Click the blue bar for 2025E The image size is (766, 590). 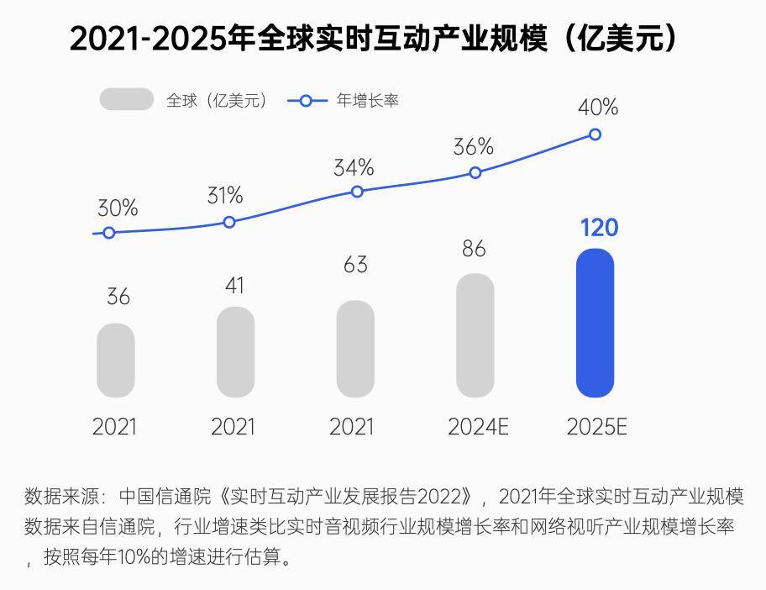tap(595, 323)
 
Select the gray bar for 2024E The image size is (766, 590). tap(475, 335)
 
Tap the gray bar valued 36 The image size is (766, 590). tap(116, 360)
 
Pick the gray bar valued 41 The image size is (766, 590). tap(235, 352)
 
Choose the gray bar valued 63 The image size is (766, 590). tap(355, 349)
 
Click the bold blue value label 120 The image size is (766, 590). tap(599, 228)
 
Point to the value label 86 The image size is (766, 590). tap(474, 249)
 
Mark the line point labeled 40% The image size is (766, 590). tap(595, 134)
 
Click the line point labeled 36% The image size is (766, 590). tap(475, 172)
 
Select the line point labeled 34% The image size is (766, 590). tap(357, 192)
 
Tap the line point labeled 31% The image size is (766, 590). tap(229, 222)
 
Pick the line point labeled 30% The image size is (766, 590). tap(108, 233)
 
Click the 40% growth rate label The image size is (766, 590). tap(598, 108)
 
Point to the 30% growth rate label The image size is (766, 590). tap(118, 208)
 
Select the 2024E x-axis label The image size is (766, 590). tap(478, 427)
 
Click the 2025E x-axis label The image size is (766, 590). tap(597, 427)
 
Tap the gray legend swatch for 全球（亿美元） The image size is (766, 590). tap(126, 99)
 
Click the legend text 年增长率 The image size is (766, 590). tap(368, 100)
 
